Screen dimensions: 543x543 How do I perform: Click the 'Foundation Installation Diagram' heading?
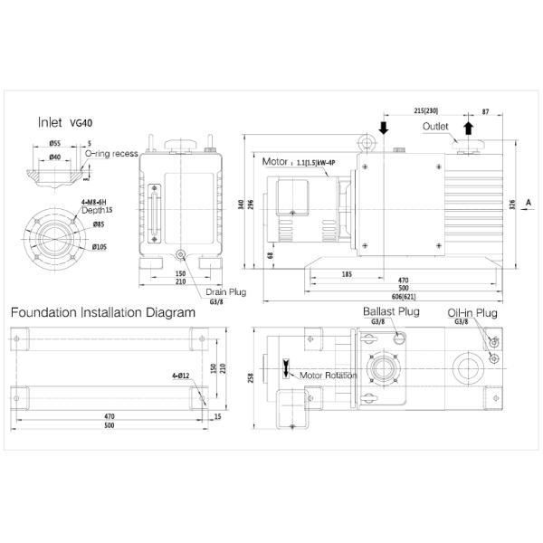click(102, 313)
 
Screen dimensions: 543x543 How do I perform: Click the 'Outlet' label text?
click(436, 128)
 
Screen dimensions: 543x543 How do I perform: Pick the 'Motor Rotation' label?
click(327, 375)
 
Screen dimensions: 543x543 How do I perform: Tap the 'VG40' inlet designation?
click(81, 123)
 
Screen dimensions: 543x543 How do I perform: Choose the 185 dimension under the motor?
click(348, 273)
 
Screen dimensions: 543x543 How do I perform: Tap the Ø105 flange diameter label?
click(100, 247)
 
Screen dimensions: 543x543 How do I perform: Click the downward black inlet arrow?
click(385, 128)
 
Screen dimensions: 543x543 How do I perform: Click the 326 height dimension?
click(512, 203)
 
